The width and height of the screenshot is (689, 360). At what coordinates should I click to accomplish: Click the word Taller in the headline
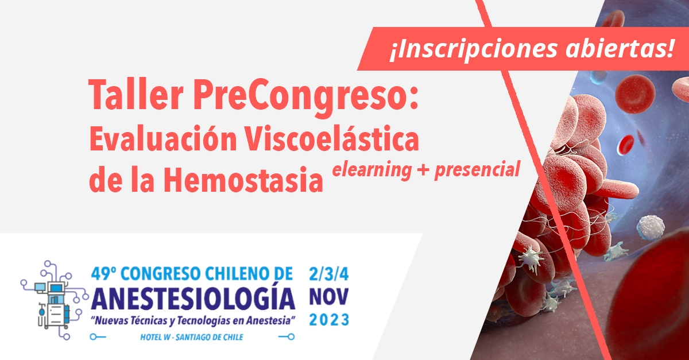(x=136, y=94)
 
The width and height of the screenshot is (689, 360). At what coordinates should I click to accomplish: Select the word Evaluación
(x=163, y=138)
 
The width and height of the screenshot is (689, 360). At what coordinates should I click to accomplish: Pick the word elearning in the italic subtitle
(x=372, y=170)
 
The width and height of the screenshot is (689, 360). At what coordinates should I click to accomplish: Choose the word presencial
(x=477, y=169)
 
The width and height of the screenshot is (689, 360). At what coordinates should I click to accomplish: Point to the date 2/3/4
(x=329, y=274)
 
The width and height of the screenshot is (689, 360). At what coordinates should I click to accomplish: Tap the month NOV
(x=329, y=297)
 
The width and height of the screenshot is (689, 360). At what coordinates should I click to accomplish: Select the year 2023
(x=329, y=320)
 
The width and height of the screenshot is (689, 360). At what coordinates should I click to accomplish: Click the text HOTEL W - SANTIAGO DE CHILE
(x=192, y=337)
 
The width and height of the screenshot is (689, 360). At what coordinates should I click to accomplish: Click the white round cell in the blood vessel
(x=650, y=227)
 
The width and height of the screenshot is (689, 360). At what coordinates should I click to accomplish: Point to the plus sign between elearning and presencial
(x=423, y=170)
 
